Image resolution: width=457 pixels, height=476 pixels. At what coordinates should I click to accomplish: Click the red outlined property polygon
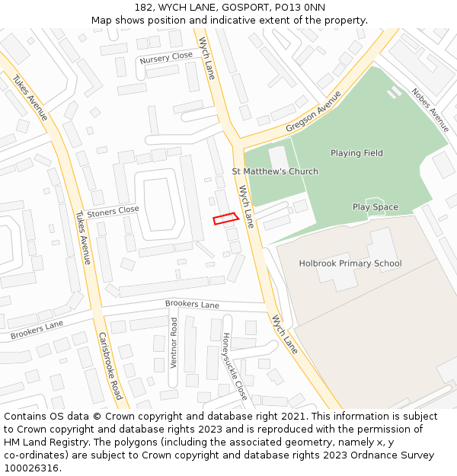tap(225, 219)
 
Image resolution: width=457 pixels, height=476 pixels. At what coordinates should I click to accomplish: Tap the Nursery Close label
tap(166, 57)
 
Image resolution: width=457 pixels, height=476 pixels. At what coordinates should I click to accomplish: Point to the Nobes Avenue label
tap(430, 111)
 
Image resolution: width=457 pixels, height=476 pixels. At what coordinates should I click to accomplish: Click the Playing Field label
tap(356, 153)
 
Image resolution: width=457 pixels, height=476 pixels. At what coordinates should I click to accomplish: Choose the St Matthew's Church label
tap(275, 171)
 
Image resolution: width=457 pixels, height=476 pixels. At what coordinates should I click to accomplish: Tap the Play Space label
tap(375, 207)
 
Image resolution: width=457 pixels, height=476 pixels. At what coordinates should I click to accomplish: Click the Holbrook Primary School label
tap(350, 264)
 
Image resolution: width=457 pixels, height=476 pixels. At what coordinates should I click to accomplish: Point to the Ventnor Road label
tap(174, 343)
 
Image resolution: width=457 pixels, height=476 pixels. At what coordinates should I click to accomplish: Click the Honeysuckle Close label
tap(235, 367)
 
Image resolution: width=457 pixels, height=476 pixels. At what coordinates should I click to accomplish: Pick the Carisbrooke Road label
tap(110, 366)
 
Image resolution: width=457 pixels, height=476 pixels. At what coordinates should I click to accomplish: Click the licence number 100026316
tap(33, 468)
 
